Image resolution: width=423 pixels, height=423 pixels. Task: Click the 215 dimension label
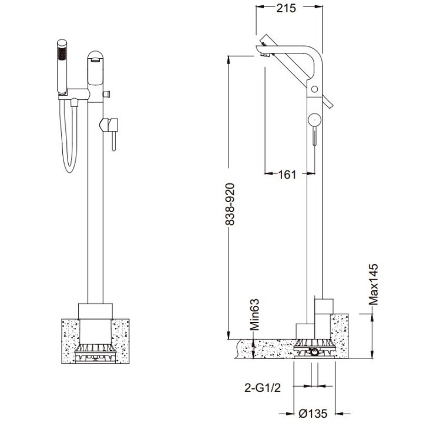click(x=286, y=8)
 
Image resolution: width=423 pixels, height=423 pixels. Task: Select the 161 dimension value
click(x=287, y=175)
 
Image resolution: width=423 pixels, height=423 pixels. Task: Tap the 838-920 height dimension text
click(x=230, y=204)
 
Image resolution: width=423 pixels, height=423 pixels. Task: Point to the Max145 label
click(x=374, y=284)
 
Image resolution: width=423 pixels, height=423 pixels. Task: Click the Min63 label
click(x=254, y=314)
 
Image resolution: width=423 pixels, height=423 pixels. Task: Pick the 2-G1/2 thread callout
click(x=263, y=388)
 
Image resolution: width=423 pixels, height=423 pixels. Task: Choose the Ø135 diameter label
click(x=313, y=413)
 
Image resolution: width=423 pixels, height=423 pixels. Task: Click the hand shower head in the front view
click(x=62, y=67)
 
